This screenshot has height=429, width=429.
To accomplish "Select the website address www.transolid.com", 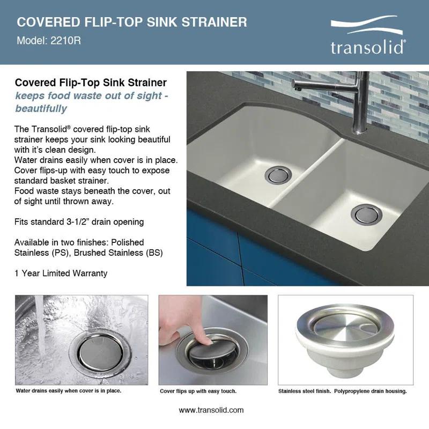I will [211, 410].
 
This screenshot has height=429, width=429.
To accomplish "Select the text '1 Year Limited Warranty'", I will [61, 273].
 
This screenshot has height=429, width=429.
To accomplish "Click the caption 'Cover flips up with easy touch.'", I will [198, 391].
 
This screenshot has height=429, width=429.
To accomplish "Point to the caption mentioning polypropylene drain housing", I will [343, 391].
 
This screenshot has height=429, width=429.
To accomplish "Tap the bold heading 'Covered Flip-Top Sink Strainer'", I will [91, 83].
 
